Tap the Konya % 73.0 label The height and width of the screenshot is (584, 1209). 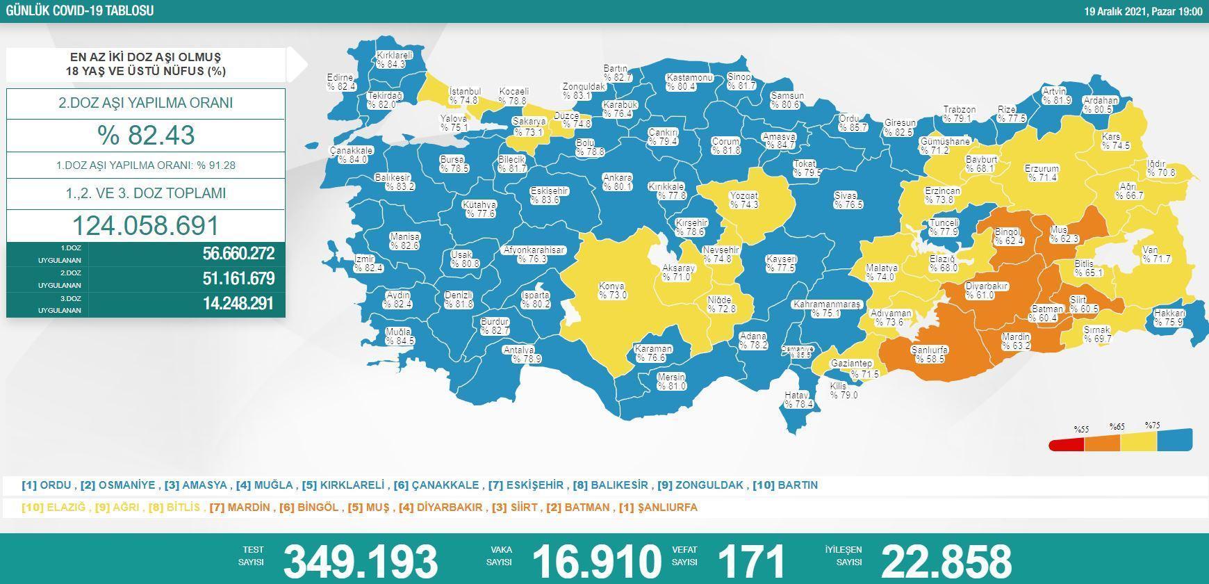tap(612, 291)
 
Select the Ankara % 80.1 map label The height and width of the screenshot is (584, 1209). tap(617, 182)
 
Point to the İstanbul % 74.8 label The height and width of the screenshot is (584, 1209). tap(464, 96)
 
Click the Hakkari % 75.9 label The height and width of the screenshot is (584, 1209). tap(1169, 318)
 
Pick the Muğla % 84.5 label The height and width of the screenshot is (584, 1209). tap(399, 336)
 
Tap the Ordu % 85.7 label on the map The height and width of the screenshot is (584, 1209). tap(852, 123)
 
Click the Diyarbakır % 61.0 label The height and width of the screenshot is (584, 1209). tap(986, 291)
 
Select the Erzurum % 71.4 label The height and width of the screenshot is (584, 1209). tap(1041, 173)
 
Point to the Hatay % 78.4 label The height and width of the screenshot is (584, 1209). tap(797, 400)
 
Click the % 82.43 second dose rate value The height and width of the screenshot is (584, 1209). tap(146, 135)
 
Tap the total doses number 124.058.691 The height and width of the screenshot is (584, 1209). tap(146, 226)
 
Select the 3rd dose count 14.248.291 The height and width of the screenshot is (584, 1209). tap(238, 304)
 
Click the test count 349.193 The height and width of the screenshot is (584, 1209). tap(360, 560)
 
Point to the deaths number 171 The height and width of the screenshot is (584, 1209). tap(750, 560)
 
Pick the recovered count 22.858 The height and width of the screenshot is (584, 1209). tap(946, 560)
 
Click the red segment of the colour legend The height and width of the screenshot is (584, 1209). tap(1066, 444)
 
